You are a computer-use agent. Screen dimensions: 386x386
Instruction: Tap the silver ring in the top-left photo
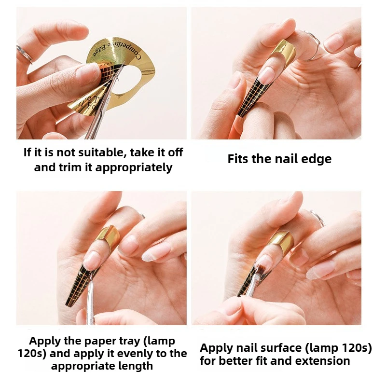(24, 54)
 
